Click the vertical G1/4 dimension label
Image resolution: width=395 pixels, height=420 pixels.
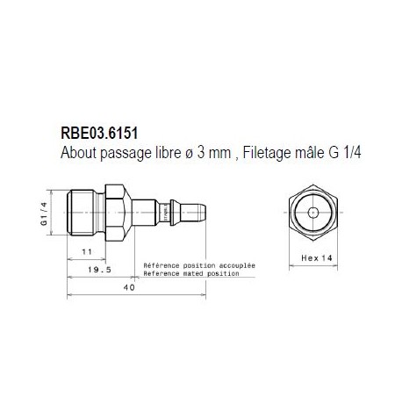coord(43,213)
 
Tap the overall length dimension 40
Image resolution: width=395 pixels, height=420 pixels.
coord(128,289)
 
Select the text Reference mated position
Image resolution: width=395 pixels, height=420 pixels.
coord(191,273)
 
